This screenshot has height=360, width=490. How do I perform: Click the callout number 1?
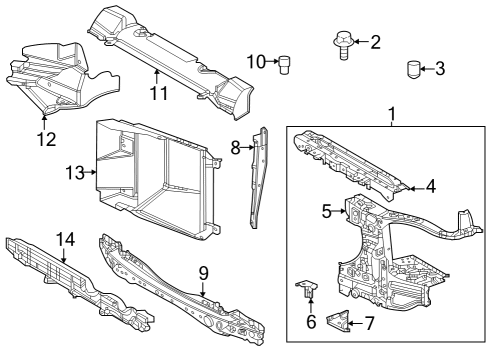click(392, 116)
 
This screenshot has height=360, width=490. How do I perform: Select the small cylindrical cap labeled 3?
click(412, 69)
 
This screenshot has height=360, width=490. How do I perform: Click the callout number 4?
click(430, 186)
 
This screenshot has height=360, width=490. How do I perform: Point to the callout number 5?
click(326, 211)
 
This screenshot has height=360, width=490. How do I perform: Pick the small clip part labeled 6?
click(307, 289)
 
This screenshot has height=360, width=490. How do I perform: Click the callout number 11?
click(157, 94)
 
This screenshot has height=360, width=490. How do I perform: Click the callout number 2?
click(375, 42)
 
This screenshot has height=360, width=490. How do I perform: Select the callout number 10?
click(256, 62)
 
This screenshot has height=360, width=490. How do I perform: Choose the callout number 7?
click(369, 323)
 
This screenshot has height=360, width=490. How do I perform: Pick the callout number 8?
click(236, 147)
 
